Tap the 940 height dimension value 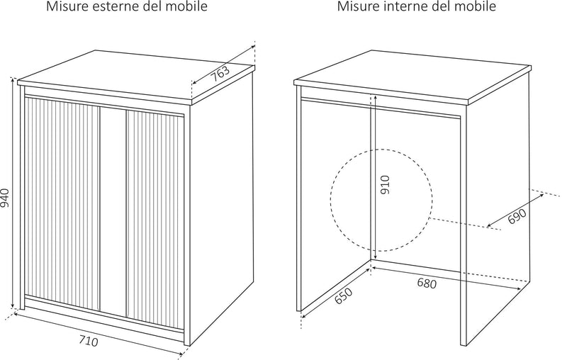(x=6, y=196)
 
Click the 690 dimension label (x=517, y=216)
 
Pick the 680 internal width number (x=427, y=283)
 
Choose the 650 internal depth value (x=342, y=296)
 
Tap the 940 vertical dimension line (x=14, y=196)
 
